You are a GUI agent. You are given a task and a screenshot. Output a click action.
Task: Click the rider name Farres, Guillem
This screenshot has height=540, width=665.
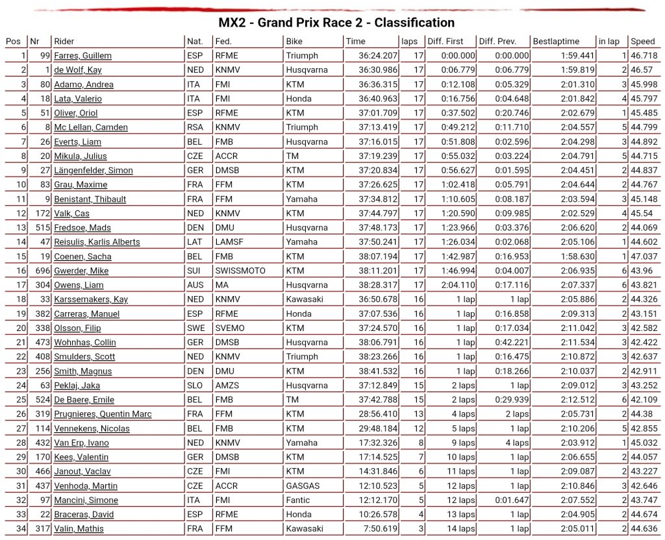pyautogui.click(x=82, y=56)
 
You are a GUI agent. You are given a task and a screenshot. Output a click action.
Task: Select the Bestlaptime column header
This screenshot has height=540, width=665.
pyautogui.click(x=556, y=42)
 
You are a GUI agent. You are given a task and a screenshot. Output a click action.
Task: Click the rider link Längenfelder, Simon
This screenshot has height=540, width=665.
pyautogui.click(x=94, y=170)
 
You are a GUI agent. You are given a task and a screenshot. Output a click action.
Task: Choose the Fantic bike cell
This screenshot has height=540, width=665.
pyautogui.click(x=299, y=500)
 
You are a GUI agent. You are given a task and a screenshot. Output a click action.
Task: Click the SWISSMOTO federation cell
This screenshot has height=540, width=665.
pyautogui.click(x=240, y=271)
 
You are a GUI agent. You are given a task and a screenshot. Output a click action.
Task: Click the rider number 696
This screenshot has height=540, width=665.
pyautogui.click(x=42, y=271)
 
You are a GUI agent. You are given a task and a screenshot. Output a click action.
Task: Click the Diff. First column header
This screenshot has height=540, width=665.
pyautogui.click(x=445, y=42)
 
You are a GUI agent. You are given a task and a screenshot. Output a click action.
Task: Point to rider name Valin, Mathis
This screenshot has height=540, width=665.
pyautogui.click(x=79, y=528)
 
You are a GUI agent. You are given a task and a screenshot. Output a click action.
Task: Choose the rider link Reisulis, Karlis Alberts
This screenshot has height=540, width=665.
pyautogui.click(x=97, y=242)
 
